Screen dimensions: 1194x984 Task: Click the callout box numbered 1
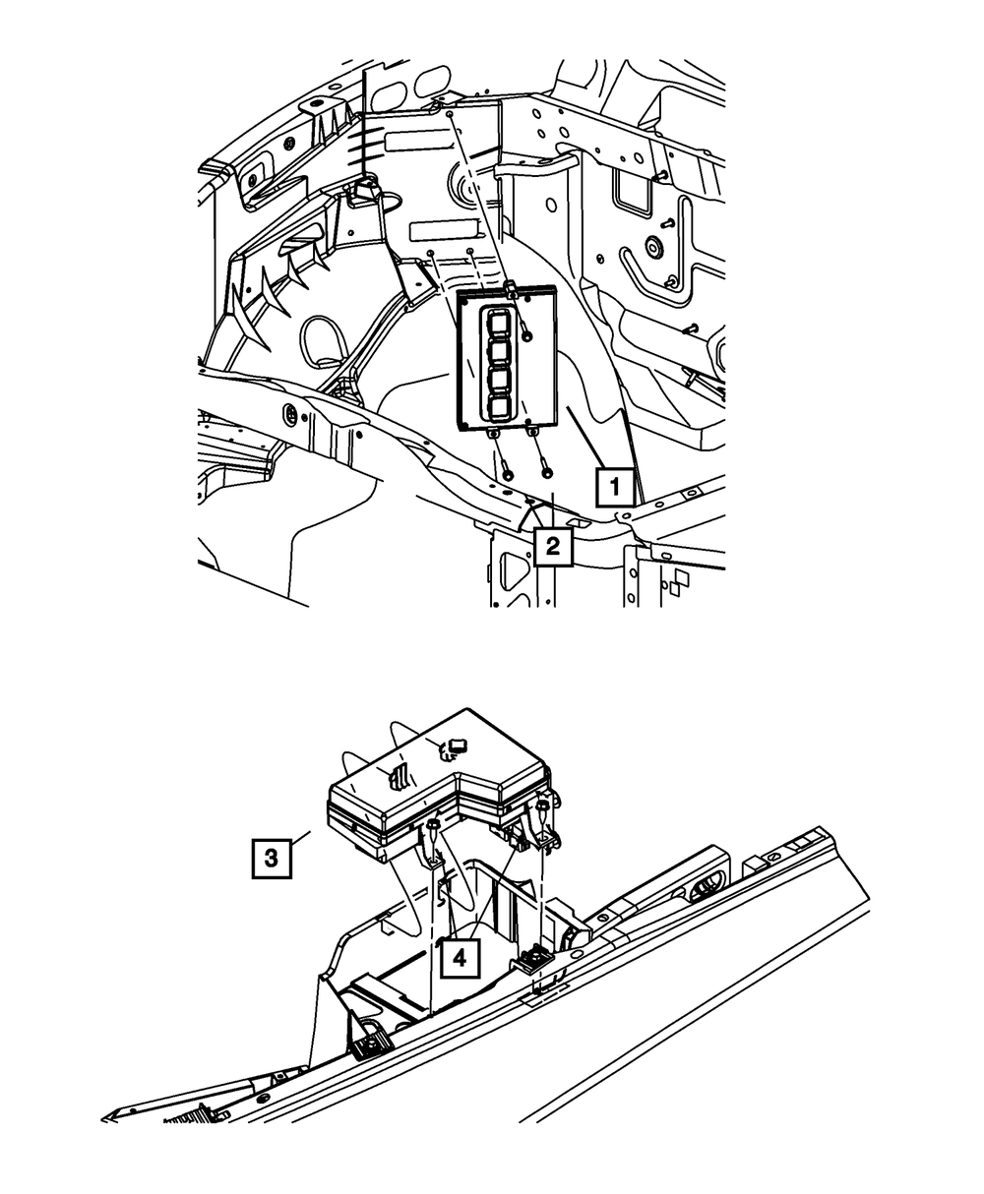(615, 486)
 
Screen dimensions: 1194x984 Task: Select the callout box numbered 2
(552, 545)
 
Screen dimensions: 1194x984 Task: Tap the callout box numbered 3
(270, 857)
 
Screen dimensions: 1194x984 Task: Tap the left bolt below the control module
(507, 473)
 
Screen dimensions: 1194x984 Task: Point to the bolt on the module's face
(528, 336)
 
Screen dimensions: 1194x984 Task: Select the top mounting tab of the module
(512, 288)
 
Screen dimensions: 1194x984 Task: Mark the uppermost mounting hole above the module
(449, 115)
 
